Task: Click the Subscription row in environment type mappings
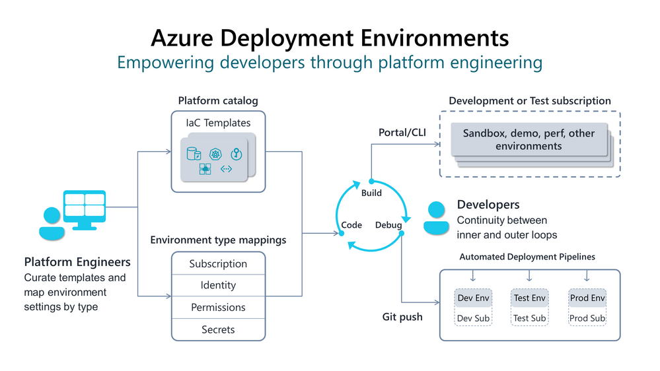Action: pos(218,263)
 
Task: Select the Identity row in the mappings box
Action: pos(218,285)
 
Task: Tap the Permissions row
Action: pos(218,307)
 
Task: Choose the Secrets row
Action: pos(218,329)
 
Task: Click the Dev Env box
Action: pos(474,298)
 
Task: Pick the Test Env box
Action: pos(530,298)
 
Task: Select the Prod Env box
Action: pos(587,298)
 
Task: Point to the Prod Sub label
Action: pos(587,318)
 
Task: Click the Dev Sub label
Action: pos(474,318)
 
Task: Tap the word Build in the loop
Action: pos(371,193)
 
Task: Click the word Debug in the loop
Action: pos(388,225)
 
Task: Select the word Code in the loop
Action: pos(351,225)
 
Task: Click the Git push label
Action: pos(402,317)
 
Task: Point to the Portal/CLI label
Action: pos(402,132)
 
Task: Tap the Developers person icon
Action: pos(436,218)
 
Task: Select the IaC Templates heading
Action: pos(218,122)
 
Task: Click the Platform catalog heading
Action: pos(218,101)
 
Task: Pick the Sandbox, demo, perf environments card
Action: pos(529,139)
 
